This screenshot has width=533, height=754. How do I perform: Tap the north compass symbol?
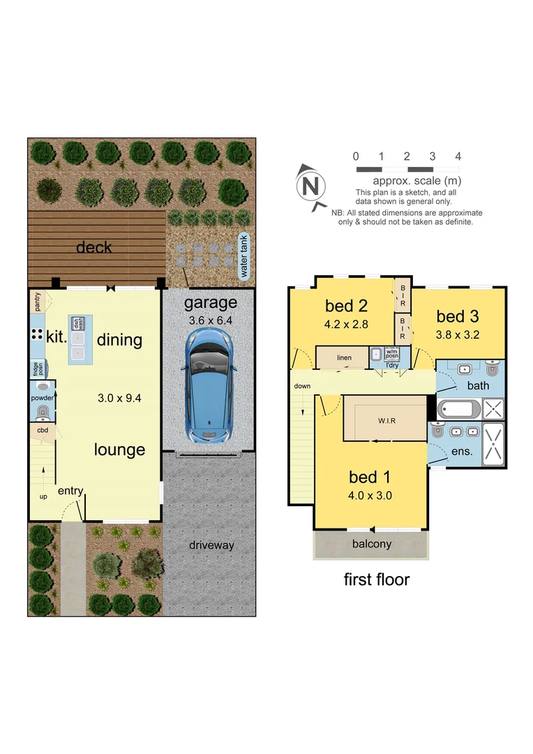(x=312, y=186)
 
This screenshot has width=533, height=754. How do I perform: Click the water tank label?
(x=244, y=256)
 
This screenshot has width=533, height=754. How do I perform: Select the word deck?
(x=93, y=248)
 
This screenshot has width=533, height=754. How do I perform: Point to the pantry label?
(x=37, y=302)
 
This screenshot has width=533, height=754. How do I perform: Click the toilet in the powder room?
(x=43, y=411)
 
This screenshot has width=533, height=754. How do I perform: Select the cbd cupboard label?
(x=42, y=431)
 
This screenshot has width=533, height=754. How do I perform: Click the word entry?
(x=70, y=491)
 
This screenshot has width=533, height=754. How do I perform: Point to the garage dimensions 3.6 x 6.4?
(x=210, y=321)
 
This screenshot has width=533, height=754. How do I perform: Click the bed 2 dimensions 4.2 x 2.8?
(x=347, y=324)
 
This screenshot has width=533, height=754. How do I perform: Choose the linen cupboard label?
(x=344, y=358)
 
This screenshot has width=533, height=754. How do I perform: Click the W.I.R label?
(x=386, y=421)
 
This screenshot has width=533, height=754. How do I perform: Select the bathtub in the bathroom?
(x=458, y=408)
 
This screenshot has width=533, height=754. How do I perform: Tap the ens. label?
(x=463, y=452)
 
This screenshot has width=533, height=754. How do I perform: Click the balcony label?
(x=371, y=545)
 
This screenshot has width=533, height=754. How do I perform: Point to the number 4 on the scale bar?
(x=458, y=156)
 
